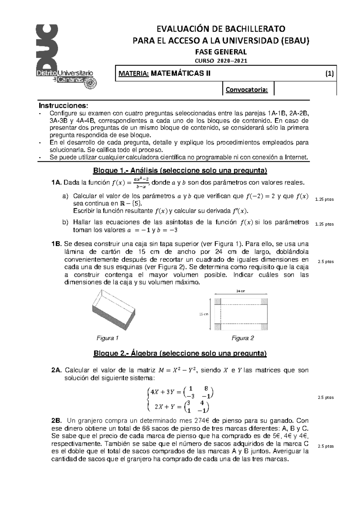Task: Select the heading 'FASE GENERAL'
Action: point(221,52)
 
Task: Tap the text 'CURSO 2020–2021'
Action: point(221,61)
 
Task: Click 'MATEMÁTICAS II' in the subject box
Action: point(180,73)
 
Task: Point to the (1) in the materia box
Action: point(330,73)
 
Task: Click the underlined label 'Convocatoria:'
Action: point(247,90)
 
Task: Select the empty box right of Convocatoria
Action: point(305,89)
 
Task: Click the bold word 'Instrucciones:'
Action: point(64,106)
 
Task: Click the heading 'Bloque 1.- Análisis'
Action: point(180,171)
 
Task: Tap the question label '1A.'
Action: point(57,183)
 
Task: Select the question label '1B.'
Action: point(57,244)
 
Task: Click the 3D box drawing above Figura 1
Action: point(113,309)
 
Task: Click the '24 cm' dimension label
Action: point(241,291)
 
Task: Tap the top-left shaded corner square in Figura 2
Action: point(217,302)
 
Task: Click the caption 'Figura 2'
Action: point(243,338)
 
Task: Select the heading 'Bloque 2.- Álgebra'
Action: point(180,353)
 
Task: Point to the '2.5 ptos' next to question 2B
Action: point(325,446)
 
